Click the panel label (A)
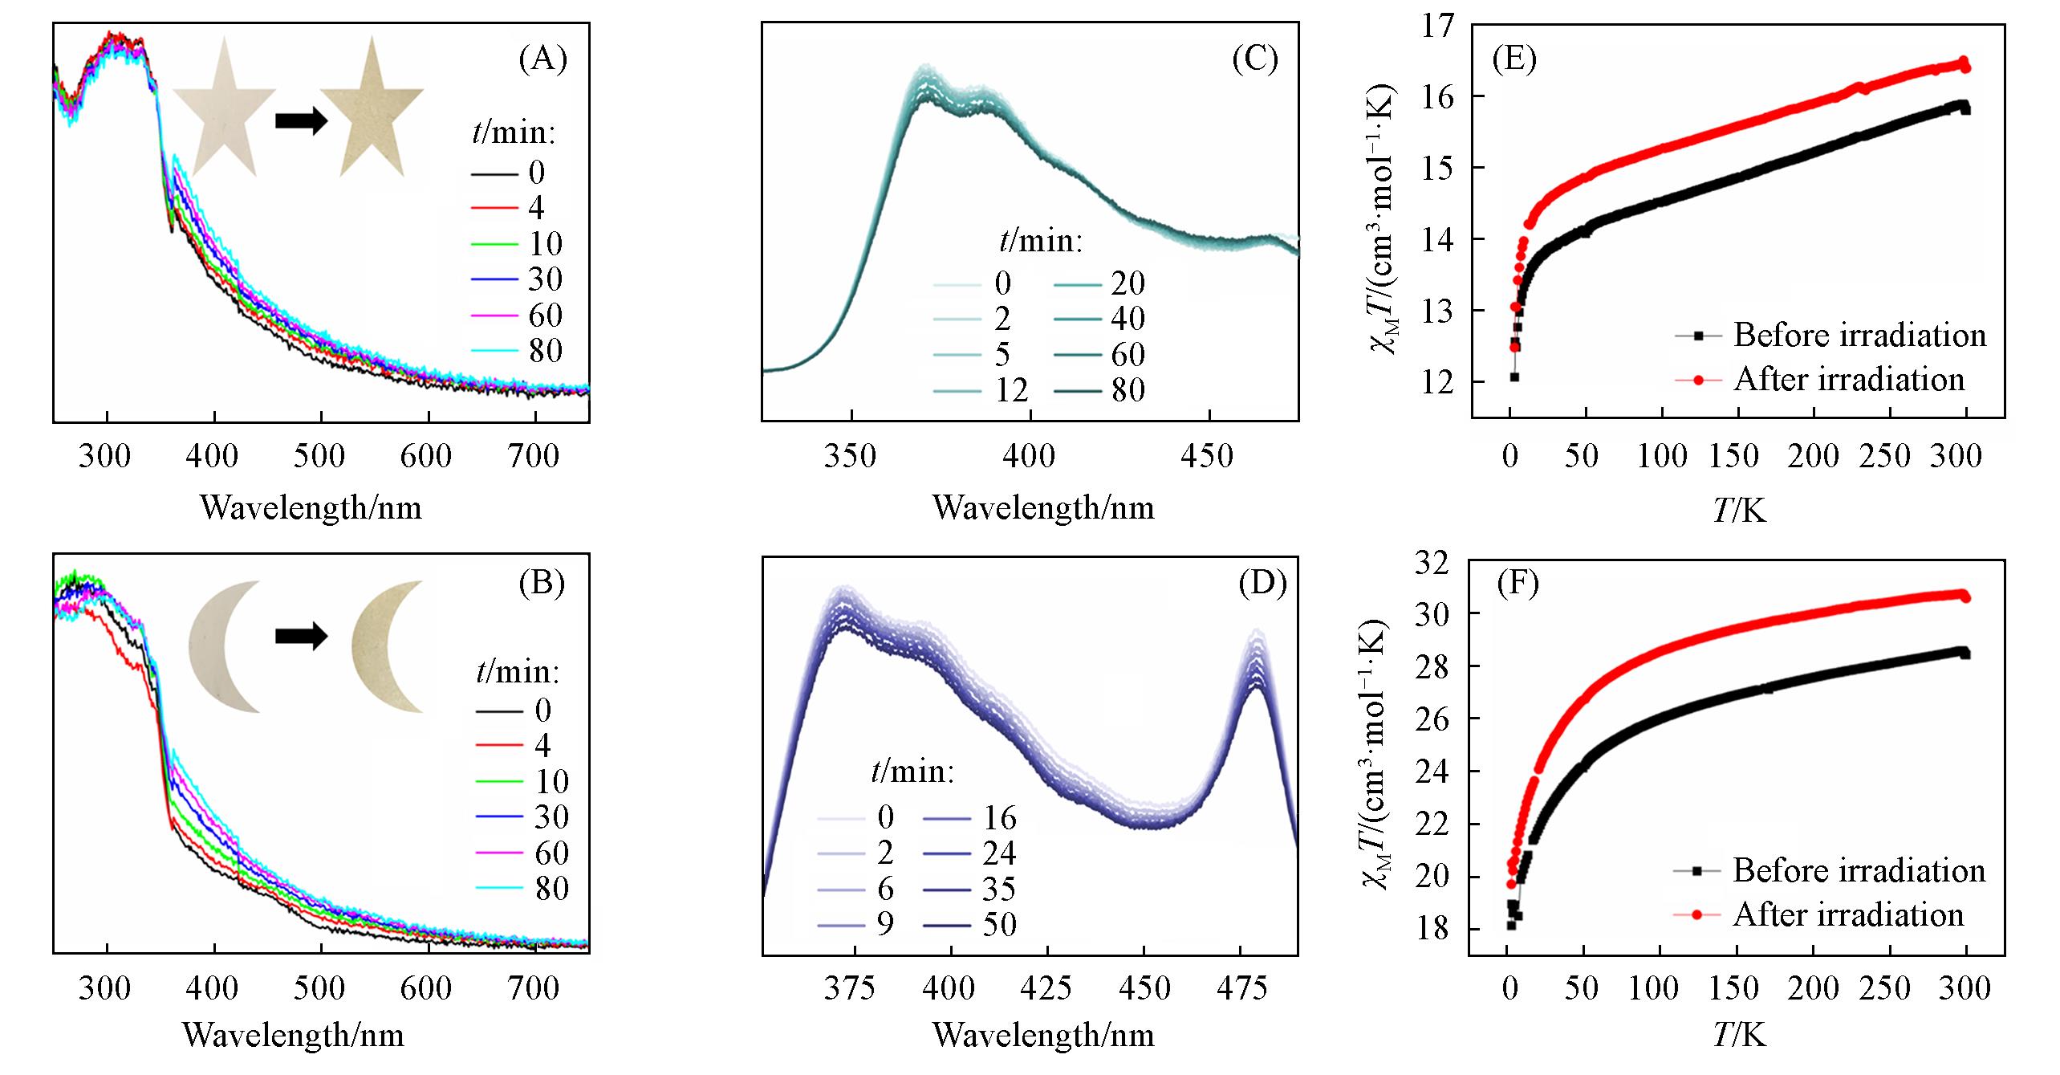(542, 60)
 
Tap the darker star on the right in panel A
(371, 112)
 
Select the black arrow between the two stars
(301, 121)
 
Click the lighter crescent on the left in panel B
(222, 646)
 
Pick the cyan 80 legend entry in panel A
(521, 351)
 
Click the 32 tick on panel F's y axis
(1438, 562)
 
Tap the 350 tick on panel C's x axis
(851, 457)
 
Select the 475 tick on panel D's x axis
(1242, 987)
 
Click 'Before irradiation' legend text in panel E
(1859, 335)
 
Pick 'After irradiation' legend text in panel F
(1848, 914)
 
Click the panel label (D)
(1263, 584)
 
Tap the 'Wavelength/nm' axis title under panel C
(1043, 508)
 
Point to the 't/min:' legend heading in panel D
(912, 772)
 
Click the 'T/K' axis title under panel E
(1740, 509)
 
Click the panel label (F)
(1518, 584)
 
